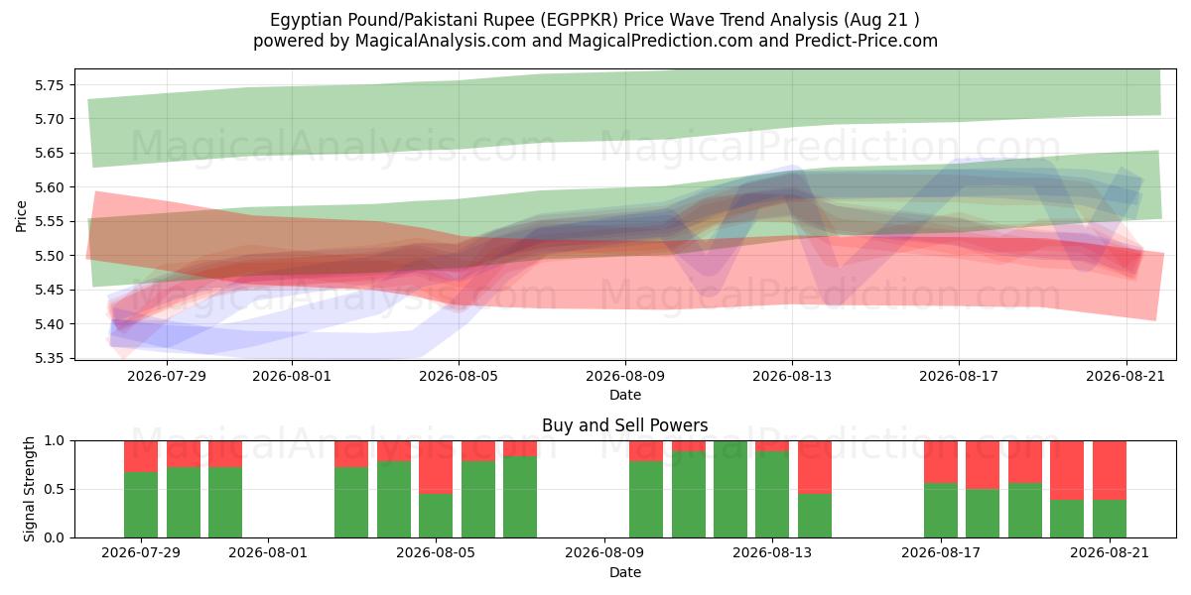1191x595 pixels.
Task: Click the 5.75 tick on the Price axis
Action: coord(49,85)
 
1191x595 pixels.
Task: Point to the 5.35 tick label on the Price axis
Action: coord(49,359)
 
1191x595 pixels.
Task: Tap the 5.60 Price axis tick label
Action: coord(49,187)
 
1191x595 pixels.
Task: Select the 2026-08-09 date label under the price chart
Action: coord(625,376)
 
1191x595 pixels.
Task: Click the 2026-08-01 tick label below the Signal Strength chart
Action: coord(268,553)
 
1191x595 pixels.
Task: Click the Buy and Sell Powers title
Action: coord(624,425)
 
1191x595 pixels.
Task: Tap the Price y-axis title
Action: coord(21,217)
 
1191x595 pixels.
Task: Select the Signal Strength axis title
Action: coord(29,489)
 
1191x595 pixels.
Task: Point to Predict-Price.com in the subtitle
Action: coord(866,41)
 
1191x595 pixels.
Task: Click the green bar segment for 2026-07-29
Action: coord(141,505)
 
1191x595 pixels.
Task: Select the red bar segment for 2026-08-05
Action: coord(436,467)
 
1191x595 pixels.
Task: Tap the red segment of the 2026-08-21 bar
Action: coord(1110,470)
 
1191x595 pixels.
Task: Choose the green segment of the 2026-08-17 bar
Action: coord(941,511)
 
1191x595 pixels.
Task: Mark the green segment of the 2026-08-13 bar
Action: coord(772,495)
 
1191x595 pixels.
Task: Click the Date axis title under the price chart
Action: coord(625,396)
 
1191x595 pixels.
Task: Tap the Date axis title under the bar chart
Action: coord(625,573)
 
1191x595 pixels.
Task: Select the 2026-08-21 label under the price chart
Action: coord(1125,376)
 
